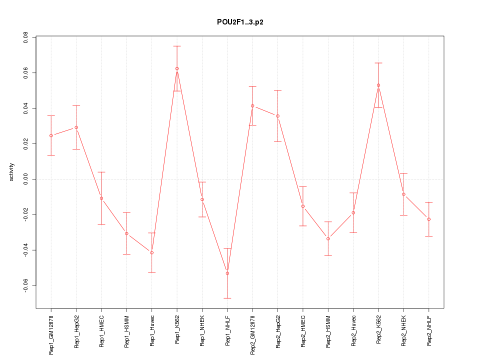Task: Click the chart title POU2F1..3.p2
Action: (x=239, y=22)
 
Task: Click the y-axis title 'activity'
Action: (x=11, y=172)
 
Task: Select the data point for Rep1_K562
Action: (x=177, y=68)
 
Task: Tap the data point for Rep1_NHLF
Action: (x=227, y=273)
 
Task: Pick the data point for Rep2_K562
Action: (x=378, y=85)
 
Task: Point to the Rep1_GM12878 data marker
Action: (x=51, y=135)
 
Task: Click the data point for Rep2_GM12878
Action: (x=252, y=106)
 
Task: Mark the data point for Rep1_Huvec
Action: (x=151, y=252)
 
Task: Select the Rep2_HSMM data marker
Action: (x=328, y=238)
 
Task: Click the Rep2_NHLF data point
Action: (x=429, y=219)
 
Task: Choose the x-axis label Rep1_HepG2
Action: (x=76, y=331)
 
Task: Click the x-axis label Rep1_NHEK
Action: (x=202, y=330)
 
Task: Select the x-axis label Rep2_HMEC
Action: (x=303, y=330)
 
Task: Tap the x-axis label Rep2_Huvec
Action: (x=353, y=331)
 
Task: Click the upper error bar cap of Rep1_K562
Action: (x=177, y=46)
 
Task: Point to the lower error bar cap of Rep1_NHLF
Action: (x=227, y=298)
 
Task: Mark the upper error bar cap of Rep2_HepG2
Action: (x=277, y=90)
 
